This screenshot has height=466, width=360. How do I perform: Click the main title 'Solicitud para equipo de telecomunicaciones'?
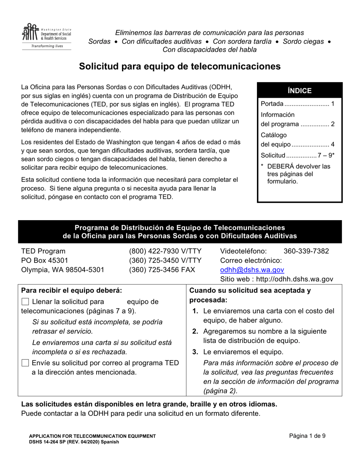tap(180, 67)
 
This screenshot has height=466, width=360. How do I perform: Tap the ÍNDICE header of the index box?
tap(299, 91)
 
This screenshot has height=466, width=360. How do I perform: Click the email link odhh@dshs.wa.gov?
tap(252, 270)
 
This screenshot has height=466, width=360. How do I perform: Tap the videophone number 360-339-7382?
tap(306, 251)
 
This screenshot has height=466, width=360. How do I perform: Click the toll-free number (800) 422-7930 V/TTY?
tap(165, 251)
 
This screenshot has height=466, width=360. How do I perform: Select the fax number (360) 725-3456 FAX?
tap(162, 270)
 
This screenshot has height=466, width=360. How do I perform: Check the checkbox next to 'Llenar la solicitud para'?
tap(25, 302)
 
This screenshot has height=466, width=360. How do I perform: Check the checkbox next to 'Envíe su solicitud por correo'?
tap(25, 363)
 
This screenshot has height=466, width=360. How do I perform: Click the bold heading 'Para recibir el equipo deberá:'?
tap(72, 291)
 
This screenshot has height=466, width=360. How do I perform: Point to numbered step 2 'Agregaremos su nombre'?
tap(265, 332)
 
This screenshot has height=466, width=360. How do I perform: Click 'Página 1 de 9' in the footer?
tap(307, 436)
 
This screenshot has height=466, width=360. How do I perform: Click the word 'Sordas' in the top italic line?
tap(99, 41)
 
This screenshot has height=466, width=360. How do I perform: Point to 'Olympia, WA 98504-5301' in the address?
tap(63, 270)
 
